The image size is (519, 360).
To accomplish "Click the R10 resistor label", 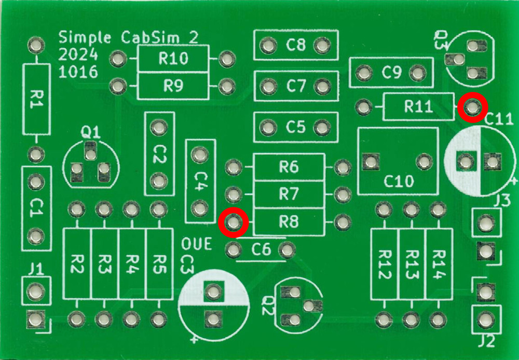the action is pyautogui.click(x=173, y=58).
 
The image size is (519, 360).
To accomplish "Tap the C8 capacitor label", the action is pyautogui.click(x=296, y=44).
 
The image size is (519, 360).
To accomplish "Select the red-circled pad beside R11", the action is pyautogui.click(x=473, y=108).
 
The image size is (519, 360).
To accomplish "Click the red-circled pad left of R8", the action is pyautogui.click(x=234, y=222).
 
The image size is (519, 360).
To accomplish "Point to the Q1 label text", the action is pyautogui.click(x=90, y=132).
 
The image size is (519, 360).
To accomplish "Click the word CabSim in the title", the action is pyautogui.click(x=150, y=37).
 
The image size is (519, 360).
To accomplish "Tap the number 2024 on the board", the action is pyautogui.click(x=78, y=55).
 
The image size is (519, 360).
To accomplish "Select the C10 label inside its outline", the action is pyautogui.click(x=399, y=181).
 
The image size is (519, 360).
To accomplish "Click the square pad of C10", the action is pyautogui.click(x=371, y=162).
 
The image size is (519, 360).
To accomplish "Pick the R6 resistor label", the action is pyautogui.click(x=289, y=167).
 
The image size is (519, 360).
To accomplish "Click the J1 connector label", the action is pyautogui.click(x=36, y=269).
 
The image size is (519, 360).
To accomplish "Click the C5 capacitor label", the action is pyautogui.click(x=296, y=127).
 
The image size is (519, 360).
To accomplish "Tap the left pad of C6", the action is pyautogui.click(x=234, y=249).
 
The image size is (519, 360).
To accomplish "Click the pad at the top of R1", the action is pyautogui.click(x=36, y=45).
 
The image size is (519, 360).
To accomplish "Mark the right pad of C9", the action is pyautogui.click(x=417, y=73).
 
